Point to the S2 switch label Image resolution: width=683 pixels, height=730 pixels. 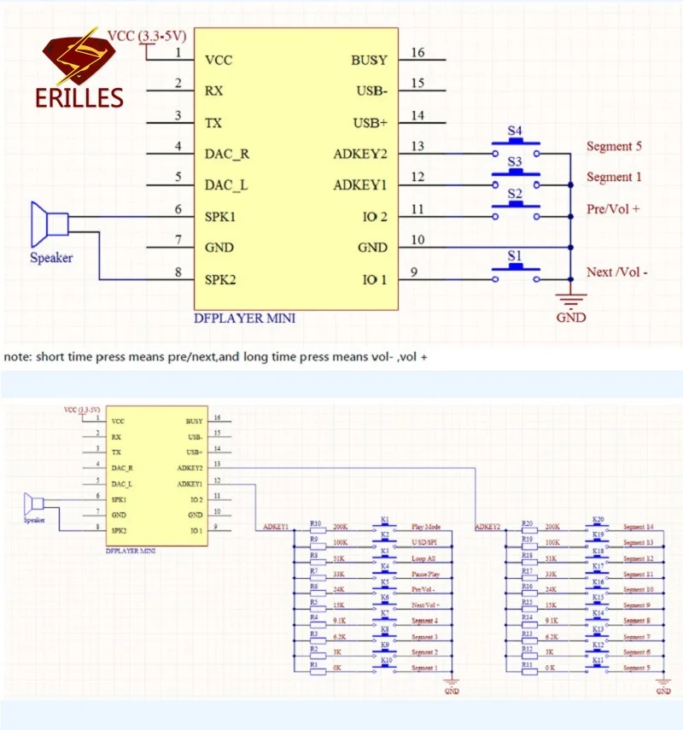click(515, 194)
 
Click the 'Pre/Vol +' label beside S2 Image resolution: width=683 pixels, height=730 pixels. click(613, 208)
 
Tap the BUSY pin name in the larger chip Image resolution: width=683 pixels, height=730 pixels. click(369, 61)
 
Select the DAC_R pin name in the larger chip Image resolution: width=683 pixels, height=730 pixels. click(228, 154)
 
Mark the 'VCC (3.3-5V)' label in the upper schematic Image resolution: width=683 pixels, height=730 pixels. click(148, 36)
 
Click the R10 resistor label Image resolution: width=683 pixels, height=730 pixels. click(315, 523)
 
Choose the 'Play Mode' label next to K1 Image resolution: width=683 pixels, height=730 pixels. click(424, 528)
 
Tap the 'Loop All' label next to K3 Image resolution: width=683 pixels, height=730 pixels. click(423, 558)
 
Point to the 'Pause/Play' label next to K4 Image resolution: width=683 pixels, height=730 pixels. click(424, 574)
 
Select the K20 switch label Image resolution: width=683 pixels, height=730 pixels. click(598, 518)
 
